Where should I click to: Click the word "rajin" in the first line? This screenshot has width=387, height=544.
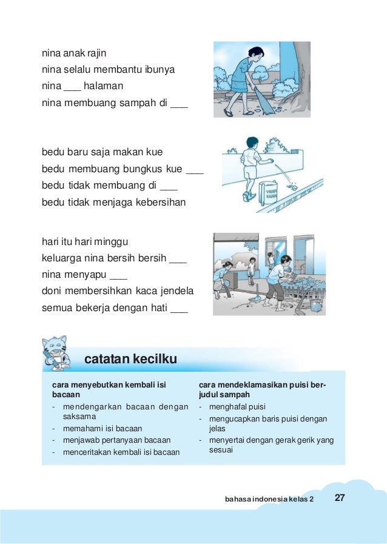pyautogui.click(x=96, y=53)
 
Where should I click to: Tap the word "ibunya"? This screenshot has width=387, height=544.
pyautogui.click(x=160, y=70)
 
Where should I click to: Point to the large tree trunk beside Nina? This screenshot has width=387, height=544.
pyautogui.click(x=298, y=67)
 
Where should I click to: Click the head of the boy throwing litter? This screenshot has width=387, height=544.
pyautogui.click(x=251, y=144)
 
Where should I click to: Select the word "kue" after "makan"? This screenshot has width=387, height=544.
pyautogui.click(x=154, y=152)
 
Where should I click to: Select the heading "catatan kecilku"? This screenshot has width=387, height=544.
pyautogui.click(x=130, y=360)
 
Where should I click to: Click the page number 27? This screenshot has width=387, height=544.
pyautogui.click(x=340, y=498)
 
